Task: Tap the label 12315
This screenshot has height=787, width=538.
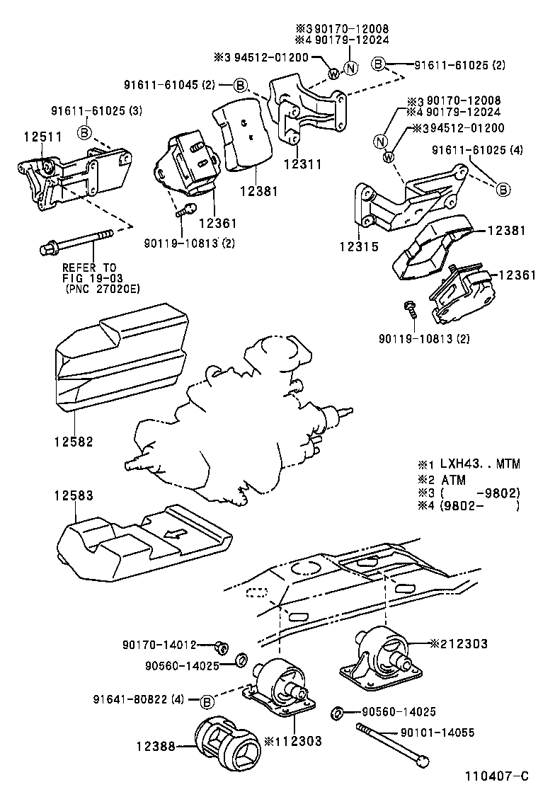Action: coord(358,247)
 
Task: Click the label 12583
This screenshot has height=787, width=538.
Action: coord(73,495)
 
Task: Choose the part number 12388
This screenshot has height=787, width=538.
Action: coord(156,746)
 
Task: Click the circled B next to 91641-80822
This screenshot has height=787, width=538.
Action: coord(207,701)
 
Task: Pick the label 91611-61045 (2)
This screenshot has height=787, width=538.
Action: coord(169,86)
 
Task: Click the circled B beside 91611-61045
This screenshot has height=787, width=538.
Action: coord(240,86)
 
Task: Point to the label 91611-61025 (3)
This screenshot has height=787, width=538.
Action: coord(96,111)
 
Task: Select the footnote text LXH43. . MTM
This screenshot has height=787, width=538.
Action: coord(479,464)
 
